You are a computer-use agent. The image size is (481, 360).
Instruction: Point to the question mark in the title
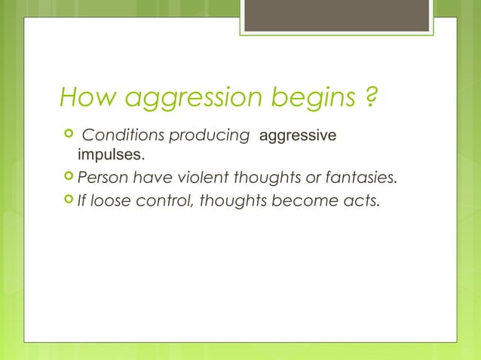(371, 97)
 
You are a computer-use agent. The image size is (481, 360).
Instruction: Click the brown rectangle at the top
(338, 15)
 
